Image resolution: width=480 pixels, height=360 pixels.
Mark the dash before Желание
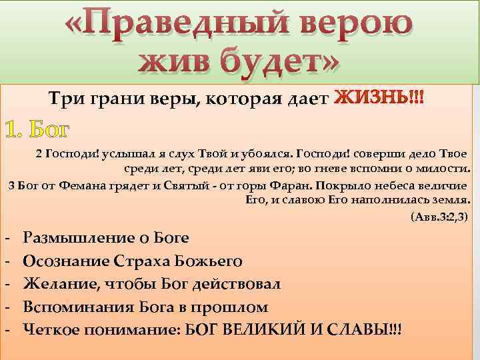click(6, 284)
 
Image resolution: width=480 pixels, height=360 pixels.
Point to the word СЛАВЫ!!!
click(373, 329)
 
